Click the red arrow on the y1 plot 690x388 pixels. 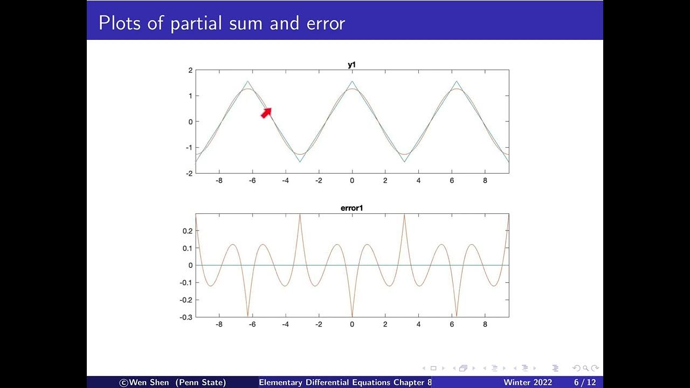click(266, 112)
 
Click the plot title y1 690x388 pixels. click(351, 65)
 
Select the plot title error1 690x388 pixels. click(351, 208)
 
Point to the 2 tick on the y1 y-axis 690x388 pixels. click(190, 70)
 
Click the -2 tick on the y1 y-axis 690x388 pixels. click(189, 173)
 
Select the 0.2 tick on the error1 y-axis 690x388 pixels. click(187, 231)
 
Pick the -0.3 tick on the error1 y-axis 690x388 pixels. click(185, 317)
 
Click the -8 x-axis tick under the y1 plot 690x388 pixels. click(219, 181)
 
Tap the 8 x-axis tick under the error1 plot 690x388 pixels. click(485, 325)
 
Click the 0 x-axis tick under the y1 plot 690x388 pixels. click(352, 181)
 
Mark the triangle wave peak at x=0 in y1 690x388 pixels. click(352, 82)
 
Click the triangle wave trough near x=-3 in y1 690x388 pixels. click(300, 161)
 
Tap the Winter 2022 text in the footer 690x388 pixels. click(528, 383)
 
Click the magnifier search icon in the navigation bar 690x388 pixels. click(585, 368)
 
